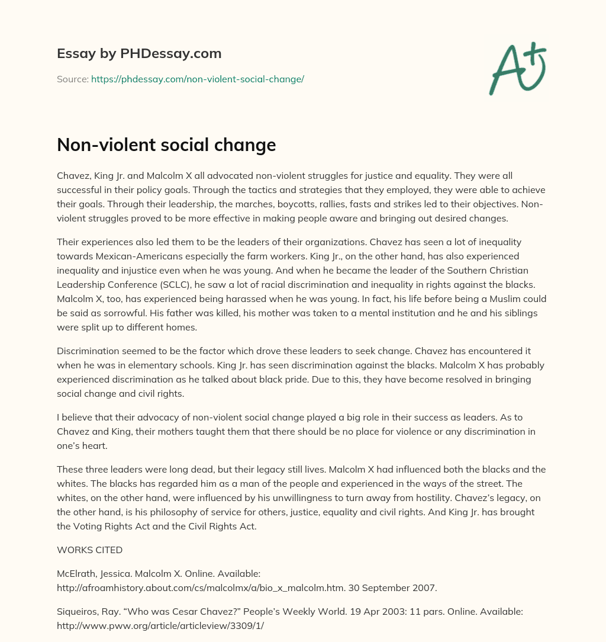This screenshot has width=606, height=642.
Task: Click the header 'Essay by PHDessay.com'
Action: (139, 54)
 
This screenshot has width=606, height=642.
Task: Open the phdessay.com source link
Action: (197, 79)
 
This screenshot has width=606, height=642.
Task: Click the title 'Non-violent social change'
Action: (166, 145)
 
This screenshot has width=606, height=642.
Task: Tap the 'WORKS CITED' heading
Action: (89, 550)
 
